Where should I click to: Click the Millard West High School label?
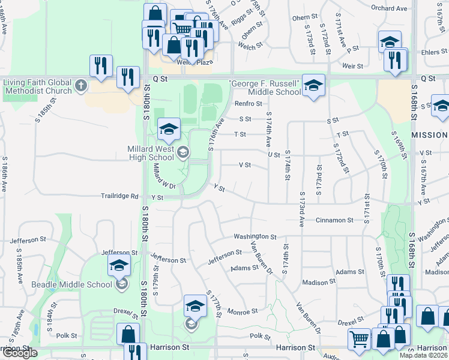point(151,152)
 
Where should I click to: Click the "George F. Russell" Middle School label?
point(265,87)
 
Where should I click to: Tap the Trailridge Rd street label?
point(119,196)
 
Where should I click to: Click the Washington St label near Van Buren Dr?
point(255,237)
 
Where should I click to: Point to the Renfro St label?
point(245,104)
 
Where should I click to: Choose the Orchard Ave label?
point(390,8)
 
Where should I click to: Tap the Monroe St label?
point(243,311)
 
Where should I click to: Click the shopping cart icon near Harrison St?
point(359,339)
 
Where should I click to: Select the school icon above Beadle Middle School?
point(119,265)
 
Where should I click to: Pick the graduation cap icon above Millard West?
point(169,128)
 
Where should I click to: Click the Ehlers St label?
point(430,52)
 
